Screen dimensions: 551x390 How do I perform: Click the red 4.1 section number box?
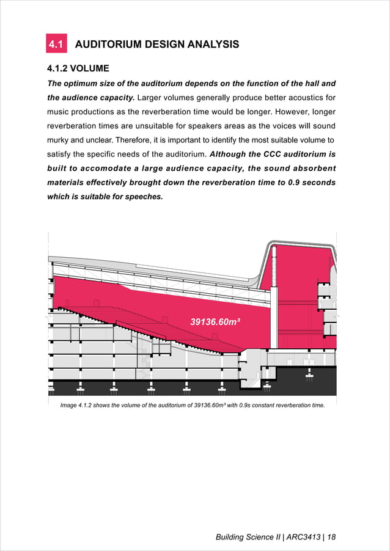57,44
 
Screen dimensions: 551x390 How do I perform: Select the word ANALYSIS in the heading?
211,44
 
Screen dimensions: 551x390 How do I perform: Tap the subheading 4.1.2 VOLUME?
78,68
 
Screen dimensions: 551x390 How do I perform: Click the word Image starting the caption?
70,406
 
